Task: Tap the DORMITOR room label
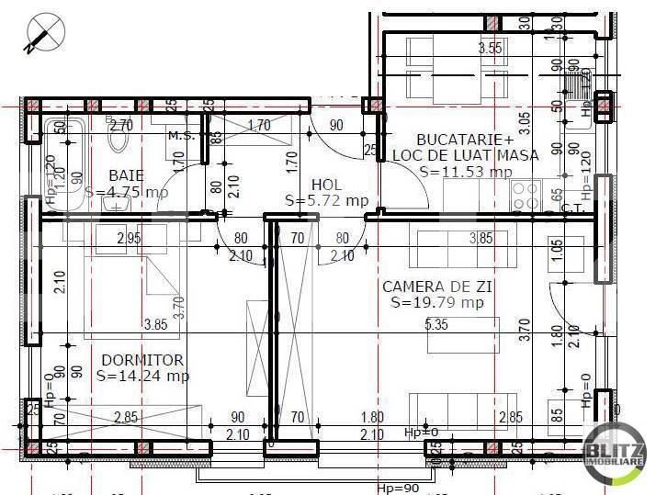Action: point(141,359)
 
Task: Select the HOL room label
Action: point(326,184)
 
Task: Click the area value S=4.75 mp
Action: point(127,193)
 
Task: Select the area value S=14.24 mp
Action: point(142,375)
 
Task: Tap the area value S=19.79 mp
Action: point(436,302)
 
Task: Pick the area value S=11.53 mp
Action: point(465,171)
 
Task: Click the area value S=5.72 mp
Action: point(326,200)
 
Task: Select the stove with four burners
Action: point(525,195)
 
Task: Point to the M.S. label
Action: point(180,136)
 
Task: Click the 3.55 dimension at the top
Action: point(491,49)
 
